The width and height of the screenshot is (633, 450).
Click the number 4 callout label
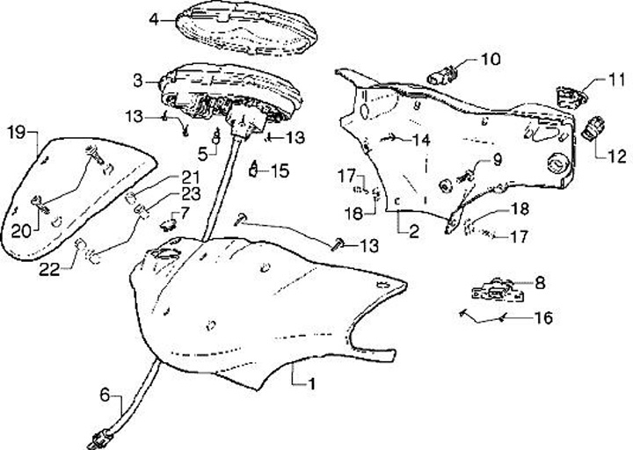click(155, 18)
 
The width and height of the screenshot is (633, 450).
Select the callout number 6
click(104, 396)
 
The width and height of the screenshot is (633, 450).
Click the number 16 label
click(543, 316)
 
